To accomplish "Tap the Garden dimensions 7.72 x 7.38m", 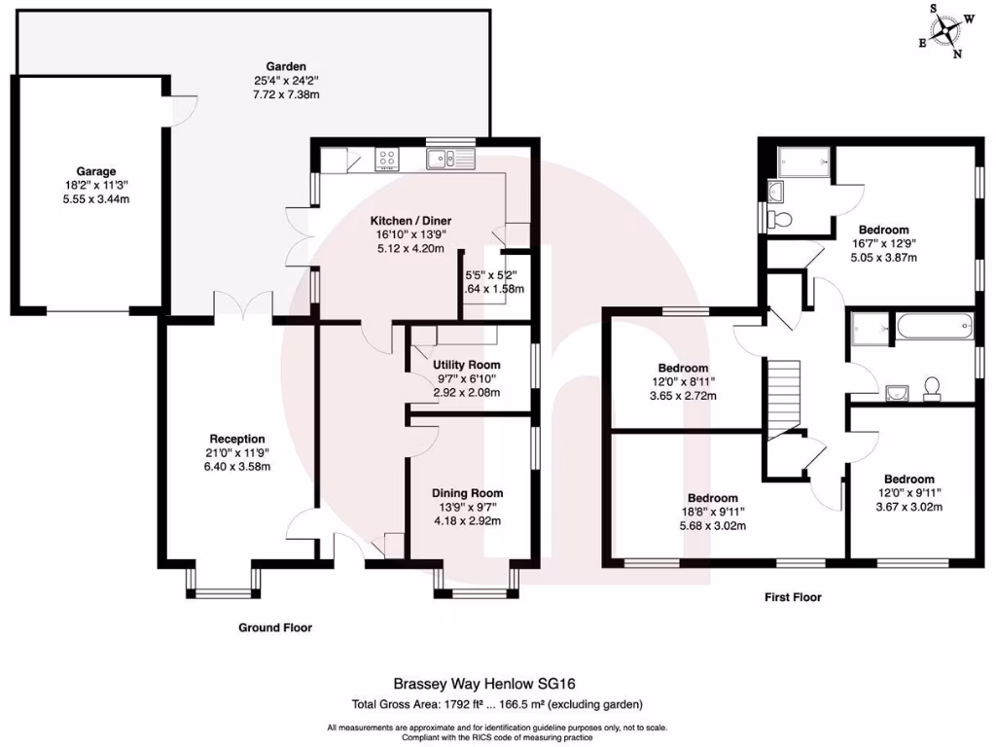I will [287, 95].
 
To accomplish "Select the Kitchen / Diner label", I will [410, 221].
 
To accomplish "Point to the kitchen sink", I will [447, 157].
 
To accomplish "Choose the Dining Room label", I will [469, 493].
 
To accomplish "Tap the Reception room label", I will [237, 439].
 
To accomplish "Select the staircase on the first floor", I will [784, 395].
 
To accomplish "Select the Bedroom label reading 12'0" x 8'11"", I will [683, 368].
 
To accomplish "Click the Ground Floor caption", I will [275, 628].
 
